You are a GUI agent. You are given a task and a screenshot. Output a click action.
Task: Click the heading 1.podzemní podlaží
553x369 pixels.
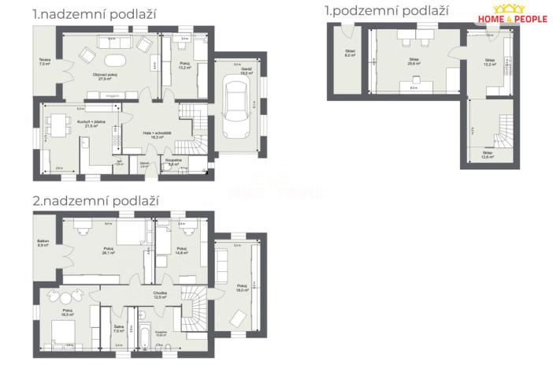(x=387, y=11)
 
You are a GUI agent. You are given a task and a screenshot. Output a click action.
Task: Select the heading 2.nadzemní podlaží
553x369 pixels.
(x=95, y=200)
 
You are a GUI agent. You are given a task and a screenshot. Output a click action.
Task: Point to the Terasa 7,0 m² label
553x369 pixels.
(x=44, y=62)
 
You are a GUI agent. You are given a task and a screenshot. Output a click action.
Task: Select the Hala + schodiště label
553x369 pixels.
(x=154, y=135)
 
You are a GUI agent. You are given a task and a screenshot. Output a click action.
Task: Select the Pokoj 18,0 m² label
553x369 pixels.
(x=243, y=288)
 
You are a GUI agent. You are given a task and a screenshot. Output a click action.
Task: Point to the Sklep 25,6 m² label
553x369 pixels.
(x=413, y=63)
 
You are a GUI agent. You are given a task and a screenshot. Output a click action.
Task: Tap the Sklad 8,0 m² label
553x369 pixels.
(x=350, y=54)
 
